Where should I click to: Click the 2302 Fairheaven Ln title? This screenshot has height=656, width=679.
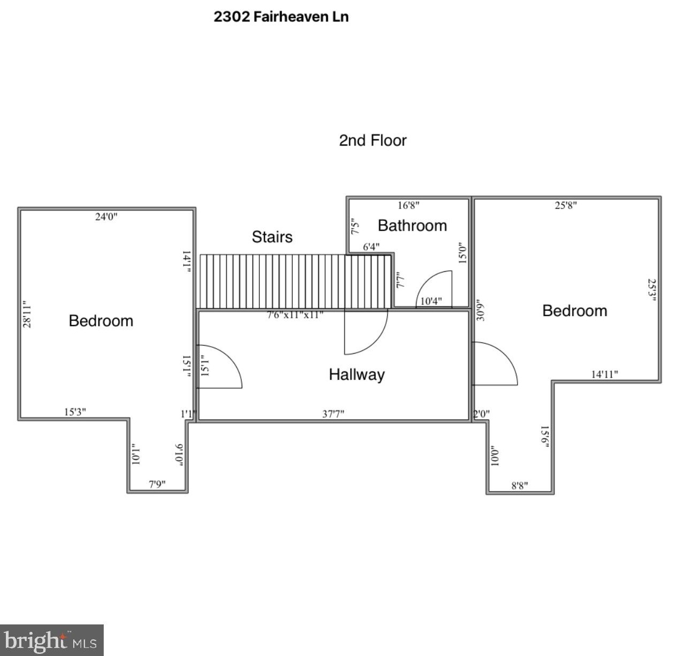281,17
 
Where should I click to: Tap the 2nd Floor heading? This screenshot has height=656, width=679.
373,140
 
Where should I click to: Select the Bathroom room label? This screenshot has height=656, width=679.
412,225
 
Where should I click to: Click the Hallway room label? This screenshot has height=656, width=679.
357,374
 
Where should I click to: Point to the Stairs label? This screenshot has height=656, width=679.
272,237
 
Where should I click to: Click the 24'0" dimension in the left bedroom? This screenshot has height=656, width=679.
106,217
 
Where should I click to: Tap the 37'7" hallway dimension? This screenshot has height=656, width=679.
333,414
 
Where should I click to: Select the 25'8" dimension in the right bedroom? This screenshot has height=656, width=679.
566,205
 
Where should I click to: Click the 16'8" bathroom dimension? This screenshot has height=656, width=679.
408,205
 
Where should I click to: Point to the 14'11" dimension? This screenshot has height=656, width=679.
604,375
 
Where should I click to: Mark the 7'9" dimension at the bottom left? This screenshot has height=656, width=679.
157,484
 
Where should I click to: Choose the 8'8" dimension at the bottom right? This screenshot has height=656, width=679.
519,485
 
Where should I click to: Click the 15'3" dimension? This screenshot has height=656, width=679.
75,412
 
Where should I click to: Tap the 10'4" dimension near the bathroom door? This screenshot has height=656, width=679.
431,301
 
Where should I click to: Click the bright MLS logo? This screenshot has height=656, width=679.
51,640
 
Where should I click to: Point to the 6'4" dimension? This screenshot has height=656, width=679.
371,247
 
